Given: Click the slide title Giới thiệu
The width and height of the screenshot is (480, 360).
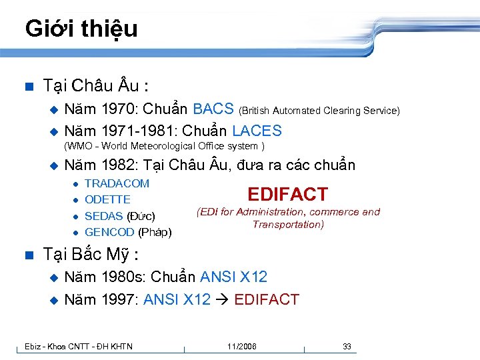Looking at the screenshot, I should pos(81,29).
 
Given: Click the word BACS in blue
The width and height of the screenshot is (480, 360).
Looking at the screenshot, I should pos(213,109).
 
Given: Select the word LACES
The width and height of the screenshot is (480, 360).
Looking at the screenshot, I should pos(257,131).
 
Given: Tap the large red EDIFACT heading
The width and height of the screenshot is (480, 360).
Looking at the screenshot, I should pos(287,195).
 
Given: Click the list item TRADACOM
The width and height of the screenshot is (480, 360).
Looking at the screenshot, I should pos(117,183).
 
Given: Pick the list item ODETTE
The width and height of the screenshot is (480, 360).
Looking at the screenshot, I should pos(108,199).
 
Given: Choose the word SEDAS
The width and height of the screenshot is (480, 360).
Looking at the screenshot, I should pos(104,216).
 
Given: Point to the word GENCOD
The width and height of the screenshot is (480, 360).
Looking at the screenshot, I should pos(109,232).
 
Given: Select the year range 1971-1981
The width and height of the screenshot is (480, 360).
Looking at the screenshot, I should pos(139,131).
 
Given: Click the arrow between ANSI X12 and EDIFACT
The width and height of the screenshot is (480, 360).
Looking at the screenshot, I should pos(222,300).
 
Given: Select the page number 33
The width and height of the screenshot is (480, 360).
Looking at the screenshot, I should pos(347,346).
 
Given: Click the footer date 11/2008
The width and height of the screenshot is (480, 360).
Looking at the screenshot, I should pos(241,346).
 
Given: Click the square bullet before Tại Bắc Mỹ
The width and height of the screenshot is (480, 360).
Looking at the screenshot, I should pos(27,255).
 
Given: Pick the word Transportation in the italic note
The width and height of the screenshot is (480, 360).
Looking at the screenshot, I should pos(288,224).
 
